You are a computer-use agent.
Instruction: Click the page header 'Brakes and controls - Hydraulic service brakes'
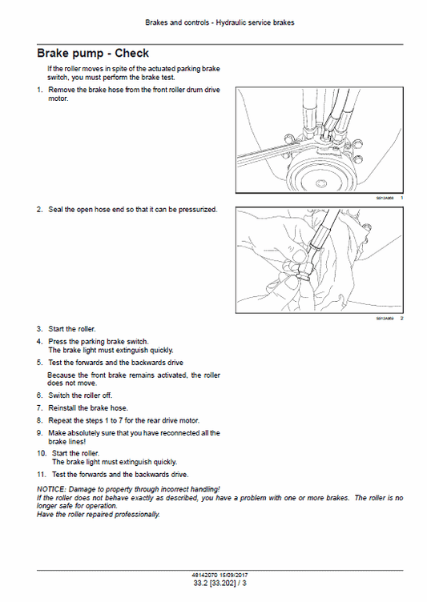point(213,22)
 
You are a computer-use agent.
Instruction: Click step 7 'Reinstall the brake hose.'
point(87,407)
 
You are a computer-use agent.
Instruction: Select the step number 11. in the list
point(42,474)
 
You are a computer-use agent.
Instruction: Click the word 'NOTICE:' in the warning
point(53,488)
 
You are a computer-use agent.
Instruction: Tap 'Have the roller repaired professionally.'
point(99,514)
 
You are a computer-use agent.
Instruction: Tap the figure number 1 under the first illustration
point(401,198)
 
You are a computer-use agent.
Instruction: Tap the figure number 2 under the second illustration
point(401,319)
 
